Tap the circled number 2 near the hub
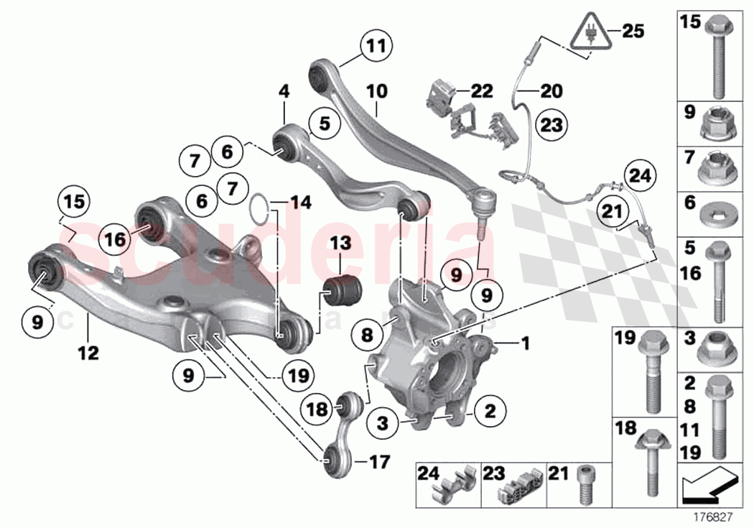point(490,412)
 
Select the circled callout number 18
point(317,409)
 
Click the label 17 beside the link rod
point(378,461)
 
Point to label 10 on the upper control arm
point(376,91)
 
